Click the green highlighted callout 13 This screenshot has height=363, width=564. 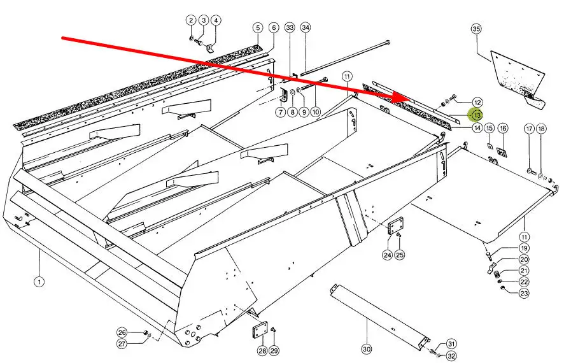click(x=477, y=115)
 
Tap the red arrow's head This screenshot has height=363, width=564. click(x=401, y=96)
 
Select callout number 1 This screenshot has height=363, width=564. click(x=39, y=281)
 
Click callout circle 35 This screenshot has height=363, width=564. click(x=476, y=29)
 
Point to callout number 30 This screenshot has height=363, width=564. click(x=367, y=348)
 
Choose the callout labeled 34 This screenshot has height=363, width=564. click(x=305, y=27)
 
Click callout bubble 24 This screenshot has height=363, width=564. click(x=387, y=255)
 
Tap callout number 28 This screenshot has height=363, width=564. click(x=262, y=350)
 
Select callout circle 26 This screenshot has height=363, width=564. click(x=122, y=332)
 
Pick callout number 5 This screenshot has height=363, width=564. click(x=258, y=27)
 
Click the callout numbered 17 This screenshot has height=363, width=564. click(x=529, y=129)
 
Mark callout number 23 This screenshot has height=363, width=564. click(x=524, y=293)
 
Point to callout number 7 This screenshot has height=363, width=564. click(x=281, y=112)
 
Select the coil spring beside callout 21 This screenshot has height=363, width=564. click(x=498, y=275)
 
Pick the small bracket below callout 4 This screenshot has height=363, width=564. click(x=211, y=48)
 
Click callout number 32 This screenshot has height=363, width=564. click(x=451, y=356)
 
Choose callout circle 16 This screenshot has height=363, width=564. click(x=502, y=128)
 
